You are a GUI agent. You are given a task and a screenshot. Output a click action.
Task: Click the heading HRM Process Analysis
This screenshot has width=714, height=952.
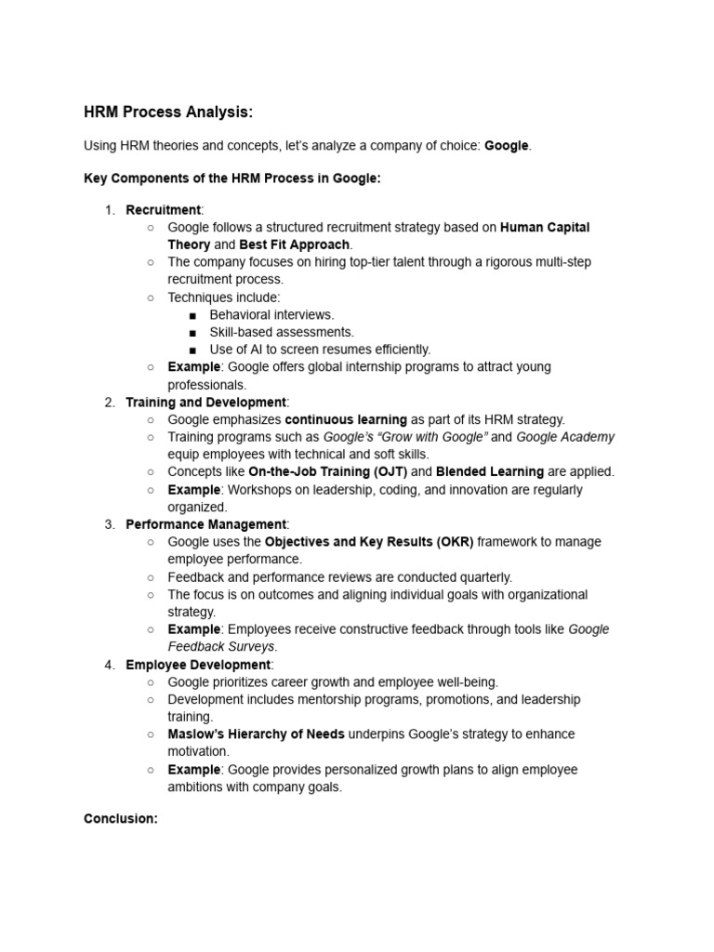coord(168,112)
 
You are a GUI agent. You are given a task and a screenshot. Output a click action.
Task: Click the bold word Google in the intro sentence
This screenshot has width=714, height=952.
coord(507,146)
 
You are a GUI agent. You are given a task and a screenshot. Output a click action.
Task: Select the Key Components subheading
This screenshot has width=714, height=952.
coord(232,178)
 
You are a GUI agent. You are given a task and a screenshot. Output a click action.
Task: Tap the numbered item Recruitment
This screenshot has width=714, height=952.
coord(164,209)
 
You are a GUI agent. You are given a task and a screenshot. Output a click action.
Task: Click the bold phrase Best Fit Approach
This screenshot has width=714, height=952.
coord(295,245)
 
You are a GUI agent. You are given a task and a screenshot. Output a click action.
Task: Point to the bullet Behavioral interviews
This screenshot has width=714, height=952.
coord(271,314)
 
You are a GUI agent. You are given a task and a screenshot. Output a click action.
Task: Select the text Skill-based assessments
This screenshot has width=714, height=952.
coord(282,332)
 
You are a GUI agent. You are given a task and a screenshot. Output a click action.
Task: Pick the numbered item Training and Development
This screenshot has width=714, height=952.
coord(205,402)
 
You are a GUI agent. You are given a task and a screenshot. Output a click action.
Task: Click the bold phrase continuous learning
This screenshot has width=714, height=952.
coord(346,419)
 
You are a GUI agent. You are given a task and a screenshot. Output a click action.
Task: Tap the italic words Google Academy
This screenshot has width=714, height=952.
coord(565,437)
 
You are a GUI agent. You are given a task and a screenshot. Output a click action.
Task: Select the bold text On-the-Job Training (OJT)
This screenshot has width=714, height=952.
coord(327,471)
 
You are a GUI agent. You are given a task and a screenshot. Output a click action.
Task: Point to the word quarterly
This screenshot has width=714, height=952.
coord(484,576)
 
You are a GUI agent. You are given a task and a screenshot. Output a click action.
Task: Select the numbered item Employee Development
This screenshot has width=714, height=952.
coord(198,664)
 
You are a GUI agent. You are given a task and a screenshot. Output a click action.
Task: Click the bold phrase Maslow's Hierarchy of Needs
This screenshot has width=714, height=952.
coord(256,734)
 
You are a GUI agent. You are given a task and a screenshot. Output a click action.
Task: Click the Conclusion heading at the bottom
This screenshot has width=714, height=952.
coord(121,819)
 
